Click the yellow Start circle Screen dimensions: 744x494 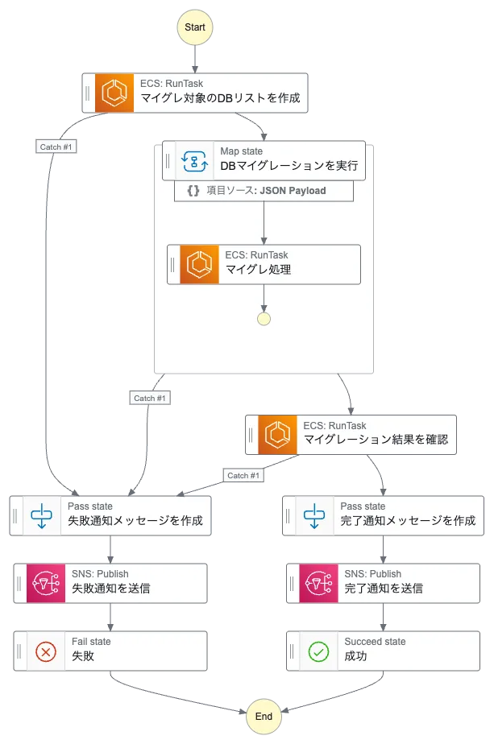[x=195, y=27]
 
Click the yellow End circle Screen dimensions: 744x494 [x=264, y=716]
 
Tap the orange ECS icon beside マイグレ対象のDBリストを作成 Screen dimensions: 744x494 [x=114, y=93]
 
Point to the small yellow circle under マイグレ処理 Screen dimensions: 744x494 [x=264, y=318]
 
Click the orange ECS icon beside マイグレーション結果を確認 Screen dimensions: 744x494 [x=278, y=434]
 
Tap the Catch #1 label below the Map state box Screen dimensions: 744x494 [x=150, y=398]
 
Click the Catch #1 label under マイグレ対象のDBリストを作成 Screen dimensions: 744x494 [x=57, y=147]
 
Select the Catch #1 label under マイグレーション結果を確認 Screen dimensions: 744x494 [x=243, y=475]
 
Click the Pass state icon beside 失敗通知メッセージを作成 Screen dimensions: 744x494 [x=40, y=515]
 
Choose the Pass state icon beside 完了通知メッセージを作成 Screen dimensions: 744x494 [x=313, y=515]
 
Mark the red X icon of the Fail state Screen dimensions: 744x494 [x=47, y=650]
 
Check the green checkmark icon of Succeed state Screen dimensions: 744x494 [x=319, y=650]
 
